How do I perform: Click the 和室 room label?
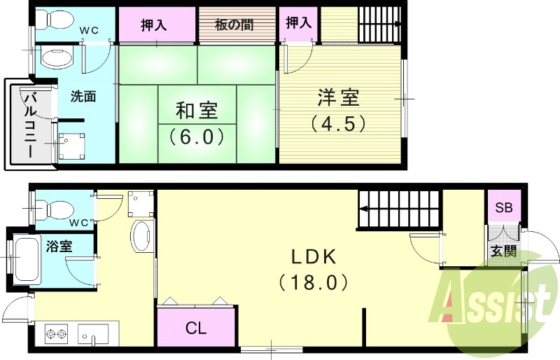tap(196, 111)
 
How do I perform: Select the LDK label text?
tap(314, 257)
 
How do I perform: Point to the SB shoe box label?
tap(503, 208)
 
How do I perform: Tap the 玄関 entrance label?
tap(503, 251)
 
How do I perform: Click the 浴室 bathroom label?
tap(58, 246)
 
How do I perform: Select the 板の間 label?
tap(234, 25)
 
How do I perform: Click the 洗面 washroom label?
tap(83, 97)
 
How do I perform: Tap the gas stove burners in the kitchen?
tap(58, 332)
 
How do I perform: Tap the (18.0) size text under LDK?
tap(314, 282)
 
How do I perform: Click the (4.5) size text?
tap(338, 123)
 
